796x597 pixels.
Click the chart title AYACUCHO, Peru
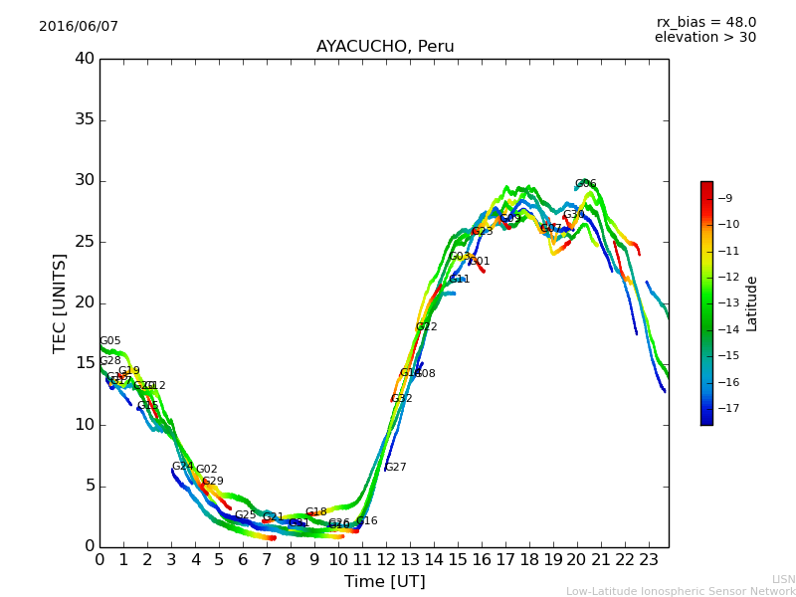(385, 47)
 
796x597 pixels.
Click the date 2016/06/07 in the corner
(79, 27)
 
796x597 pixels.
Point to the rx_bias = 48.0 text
(705, 22)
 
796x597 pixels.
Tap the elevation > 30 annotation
(704, 38)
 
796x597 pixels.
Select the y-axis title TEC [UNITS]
(60, 302)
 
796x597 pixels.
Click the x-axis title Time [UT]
(384, 582)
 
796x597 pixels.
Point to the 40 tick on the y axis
(85, 59)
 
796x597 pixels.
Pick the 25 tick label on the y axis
(85, 242)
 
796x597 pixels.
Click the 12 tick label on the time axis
(386, 560)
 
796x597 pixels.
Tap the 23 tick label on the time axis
(649, 560)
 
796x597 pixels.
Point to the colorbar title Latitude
(752, 303)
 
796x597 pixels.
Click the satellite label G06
(586, 184)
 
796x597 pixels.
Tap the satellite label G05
(110, 341)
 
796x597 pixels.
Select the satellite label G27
(396, 468)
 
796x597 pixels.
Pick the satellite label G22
(427, 327)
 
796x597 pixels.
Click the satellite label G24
(183, 467)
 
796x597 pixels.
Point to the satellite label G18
(316, 512)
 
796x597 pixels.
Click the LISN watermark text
(783, 579)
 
